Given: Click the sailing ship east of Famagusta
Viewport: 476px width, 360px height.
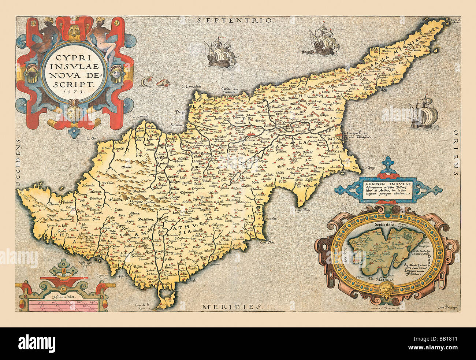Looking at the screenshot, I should coord(424,114).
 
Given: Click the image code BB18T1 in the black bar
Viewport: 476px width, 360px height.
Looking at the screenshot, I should coord(454,340).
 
